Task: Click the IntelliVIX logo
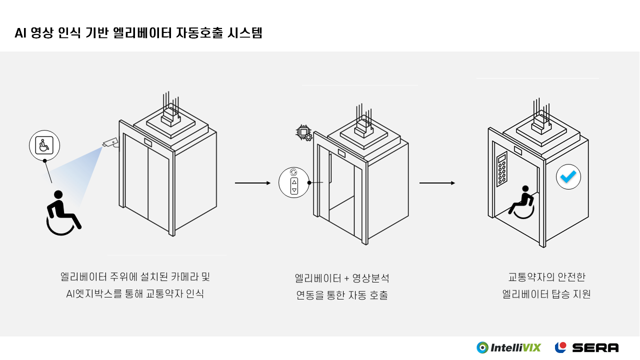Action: tap(508, 347)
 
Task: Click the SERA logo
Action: tap(586, 347)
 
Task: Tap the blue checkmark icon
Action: tap(568, 176)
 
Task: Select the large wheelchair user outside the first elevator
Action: tap(62, 213)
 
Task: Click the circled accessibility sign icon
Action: tap(44, 145)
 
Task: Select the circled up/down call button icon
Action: tap(294, 182)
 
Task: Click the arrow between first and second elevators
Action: tap(252, 183)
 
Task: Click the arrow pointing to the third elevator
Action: tap(437, 183)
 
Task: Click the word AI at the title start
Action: tap(20, 33)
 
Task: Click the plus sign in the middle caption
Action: tap(346, 278)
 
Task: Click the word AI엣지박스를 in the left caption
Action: tap(93, 293)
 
